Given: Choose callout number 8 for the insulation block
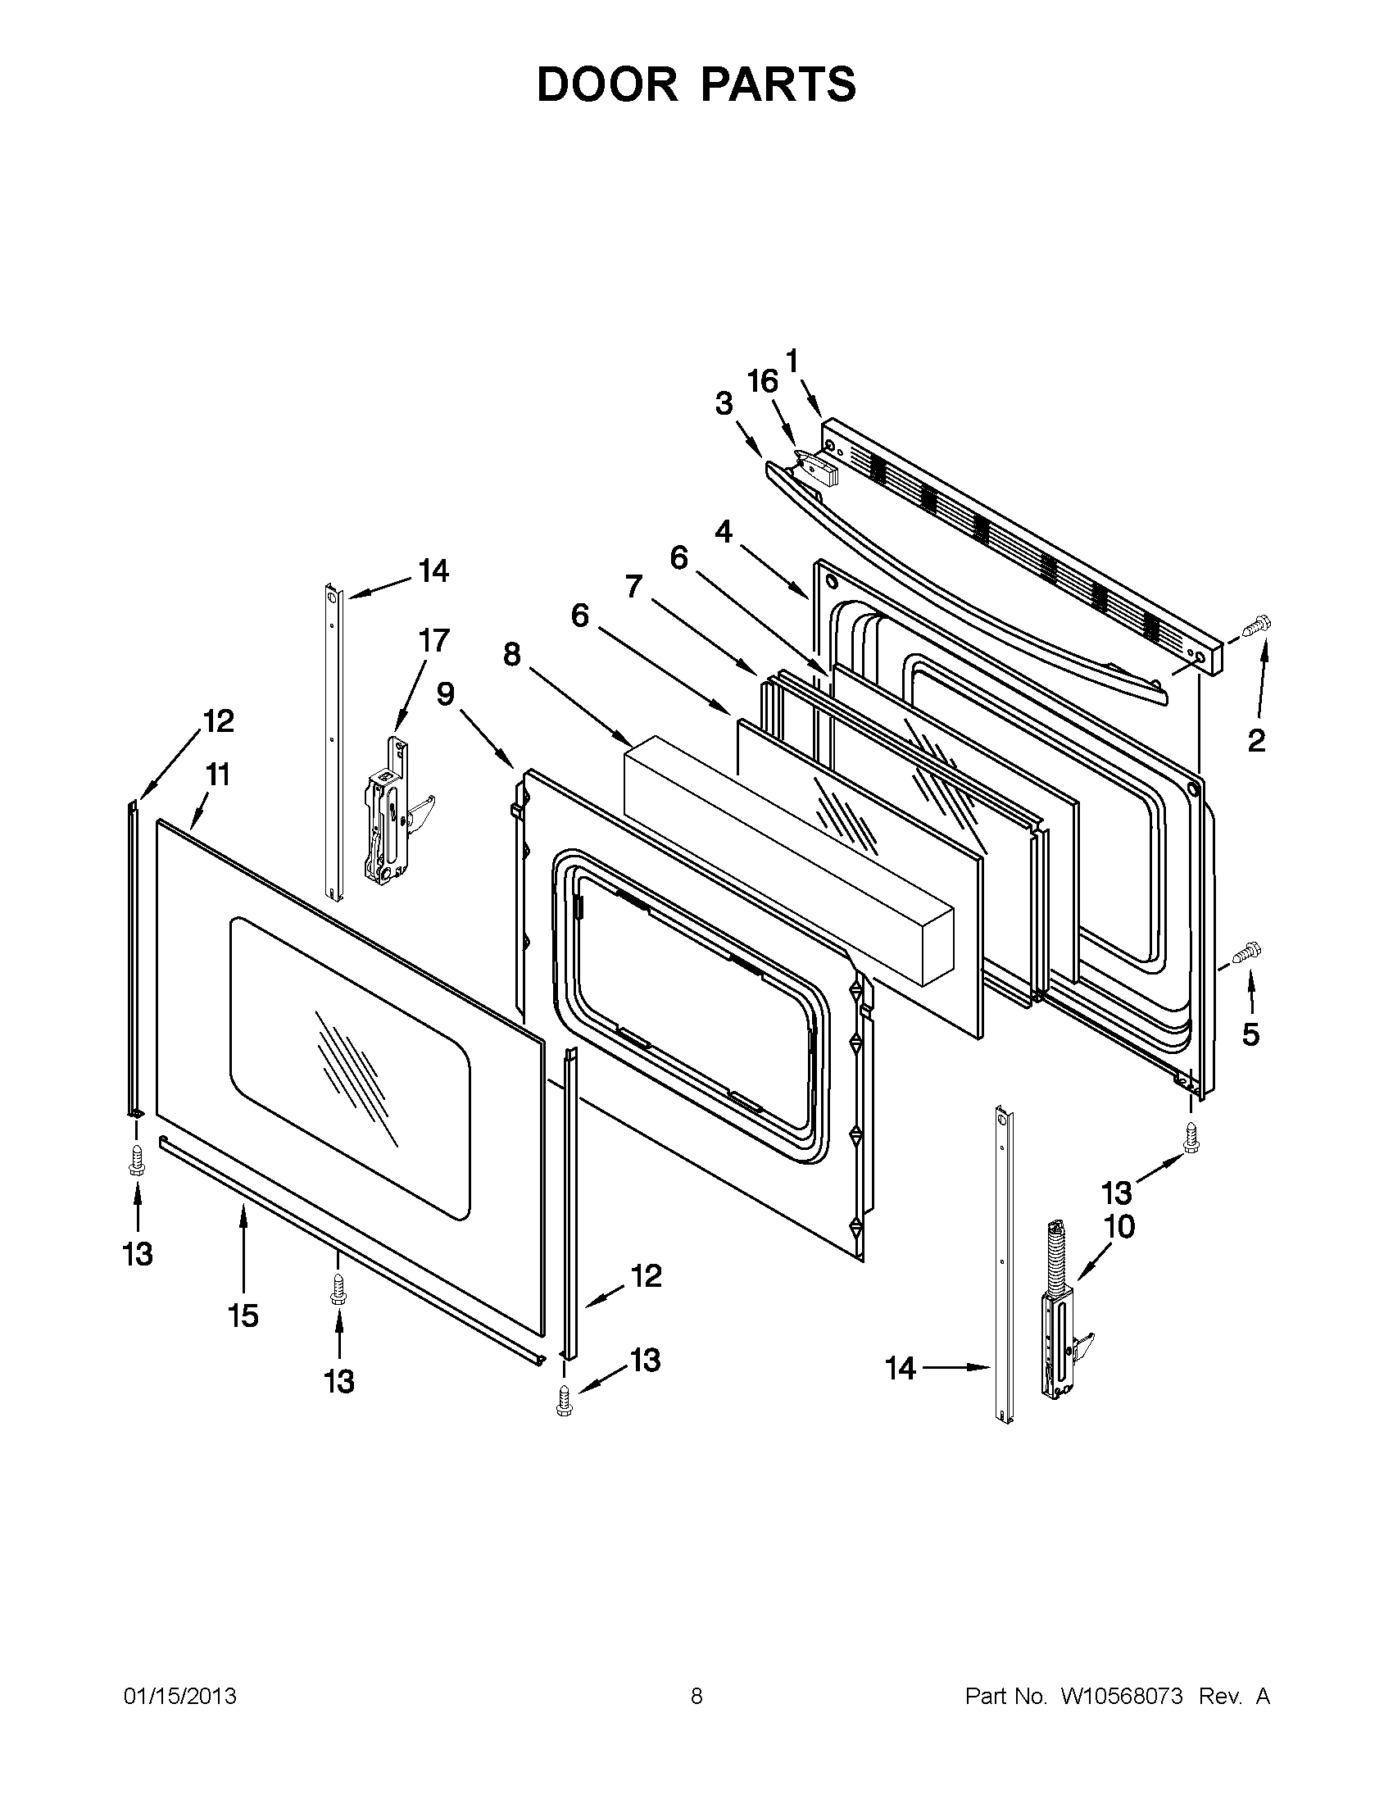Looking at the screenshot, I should tap(512, 655).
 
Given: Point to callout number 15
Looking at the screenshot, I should tap(243, 1316).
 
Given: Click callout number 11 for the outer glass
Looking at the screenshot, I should tap(218, 775).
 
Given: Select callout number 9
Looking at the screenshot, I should tap(446, 694).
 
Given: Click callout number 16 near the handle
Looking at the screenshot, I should tap(762, 382).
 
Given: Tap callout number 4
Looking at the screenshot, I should tap(724, 532).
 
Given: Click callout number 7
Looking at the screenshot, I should tap(633, 587).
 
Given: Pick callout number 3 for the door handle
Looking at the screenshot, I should tap(724, 404).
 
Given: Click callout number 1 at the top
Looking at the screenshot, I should tap(792, 361).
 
